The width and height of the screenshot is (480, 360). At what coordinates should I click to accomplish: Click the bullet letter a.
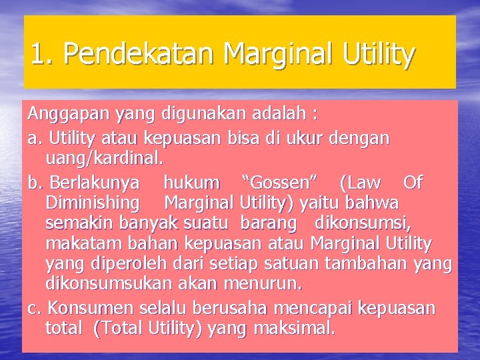tap(33, 139)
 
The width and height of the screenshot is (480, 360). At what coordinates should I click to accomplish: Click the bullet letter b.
tap(34, 182)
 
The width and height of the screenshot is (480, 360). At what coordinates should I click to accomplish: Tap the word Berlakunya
tap(95, 182)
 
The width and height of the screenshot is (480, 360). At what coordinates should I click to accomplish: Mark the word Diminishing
tap(93, 202)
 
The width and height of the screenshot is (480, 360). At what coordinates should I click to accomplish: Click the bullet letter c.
tap(33, 308)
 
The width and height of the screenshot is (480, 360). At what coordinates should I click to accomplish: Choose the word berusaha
tap(228, 308)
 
